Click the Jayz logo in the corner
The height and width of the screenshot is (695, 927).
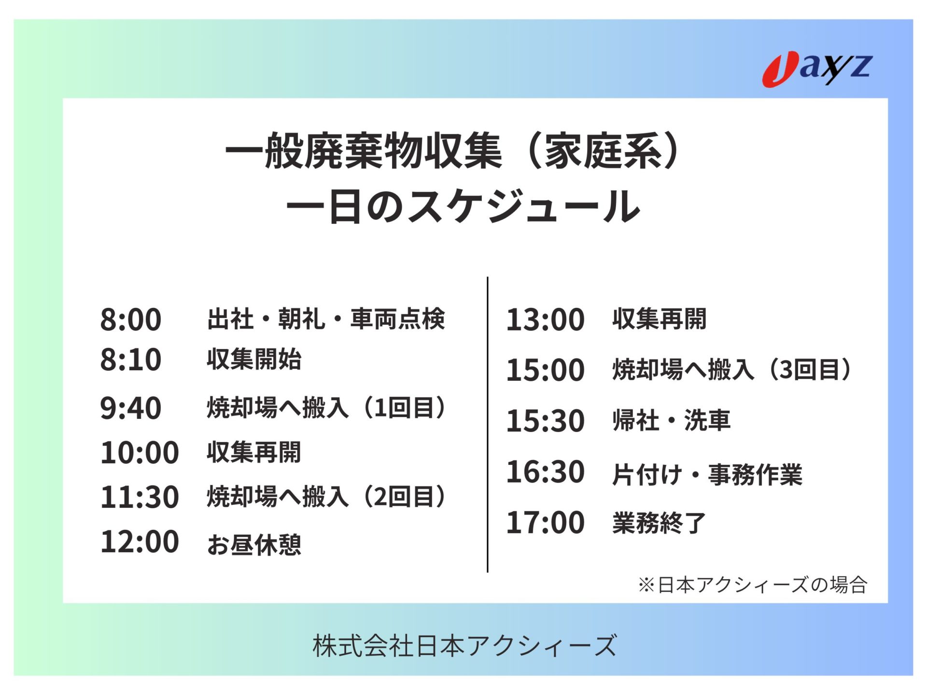(x=817, y=69)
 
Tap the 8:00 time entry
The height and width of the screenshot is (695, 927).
(x=130, y=320)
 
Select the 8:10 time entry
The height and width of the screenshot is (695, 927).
(x=130, y=360)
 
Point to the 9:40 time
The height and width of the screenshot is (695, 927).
(x=130, y=408)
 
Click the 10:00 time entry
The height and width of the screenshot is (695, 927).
(x=140, y=453)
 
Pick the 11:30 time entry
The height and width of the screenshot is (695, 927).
(x=140, y=497)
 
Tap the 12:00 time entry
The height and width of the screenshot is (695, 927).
(x=140, y=542)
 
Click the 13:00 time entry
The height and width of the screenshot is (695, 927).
(x=545, y=320)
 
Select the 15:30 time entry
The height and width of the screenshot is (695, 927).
(x=545, y=421)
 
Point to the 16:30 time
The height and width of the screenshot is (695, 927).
(x=545, y=472)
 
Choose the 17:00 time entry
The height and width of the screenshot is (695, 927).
(x=545, y=523)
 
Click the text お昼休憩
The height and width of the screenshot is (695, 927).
(x=254, y=545)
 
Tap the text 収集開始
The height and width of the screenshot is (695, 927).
(x=254, y=359)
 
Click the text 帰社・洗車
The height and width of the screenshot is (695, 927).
(x=671, y=420)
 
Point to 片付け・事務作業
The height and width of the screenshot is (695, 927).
(x=707, y=474)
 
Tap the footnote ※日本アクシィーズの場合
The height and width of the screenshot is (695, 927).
(x=753, y=585)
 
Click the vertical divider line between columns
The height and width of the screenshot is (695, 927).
(x=488, y=425)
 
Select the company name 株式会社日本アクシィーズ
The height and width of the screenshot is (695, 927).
(x=464, y=646)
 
